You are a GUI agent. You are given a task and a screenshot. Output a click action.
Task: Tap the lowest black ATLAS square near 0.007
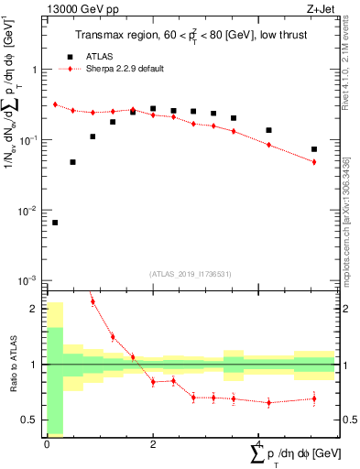[55, 223]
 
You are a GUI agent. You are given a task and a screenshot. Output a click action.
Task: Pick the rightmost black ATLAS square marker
[314, 149]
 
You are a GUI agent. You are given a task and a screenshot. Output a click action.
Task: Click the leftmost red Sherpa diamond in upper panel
[55, 104]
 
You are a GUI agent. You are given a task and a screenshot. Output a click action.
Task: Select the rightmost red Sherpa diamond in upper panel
[314, 162]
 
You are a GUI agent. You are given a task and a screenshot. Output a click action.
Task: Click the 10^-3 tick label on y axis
[28, 280]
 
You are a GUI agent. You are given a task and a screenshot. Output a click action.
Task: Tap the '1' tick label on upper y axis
[34, 71]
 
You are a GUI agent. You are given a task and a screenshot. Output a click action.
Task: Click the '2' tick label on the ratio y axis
[34, 309]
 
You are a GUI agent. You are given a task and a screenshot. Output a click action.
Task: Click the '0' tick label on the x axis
[47, 444]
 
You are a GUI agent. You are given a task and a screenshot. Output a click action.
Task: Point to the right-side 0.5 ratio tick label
[349, 420]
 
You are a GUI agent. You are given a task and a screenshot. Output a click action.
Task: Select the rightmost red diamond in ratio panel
[314, 398]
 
